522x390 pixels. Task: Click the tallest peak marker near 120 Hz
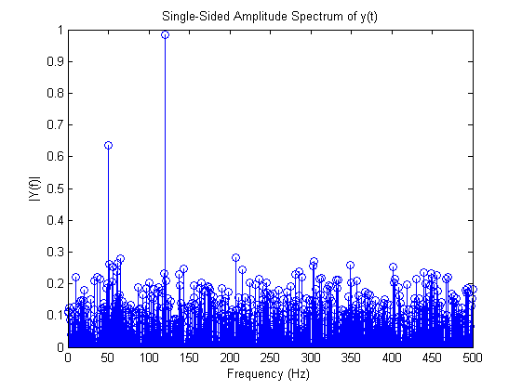[165, 34]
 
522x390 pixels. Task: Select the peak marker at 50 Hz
[108, 146]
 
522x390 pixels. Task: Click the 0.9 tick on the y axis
[57, 61]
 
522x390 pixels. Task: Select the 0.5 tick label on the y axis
[57, 188]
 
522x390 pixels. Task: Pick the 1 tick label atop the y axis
[60, 30]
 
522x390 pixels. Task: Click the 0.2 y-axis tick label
[57, 284]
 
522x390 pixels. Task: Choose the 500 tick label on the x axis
[472, 357]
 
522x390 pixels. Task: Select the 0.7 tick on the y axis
[57, 125]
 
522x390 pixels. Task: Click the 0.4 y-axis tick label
[57, 221]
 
